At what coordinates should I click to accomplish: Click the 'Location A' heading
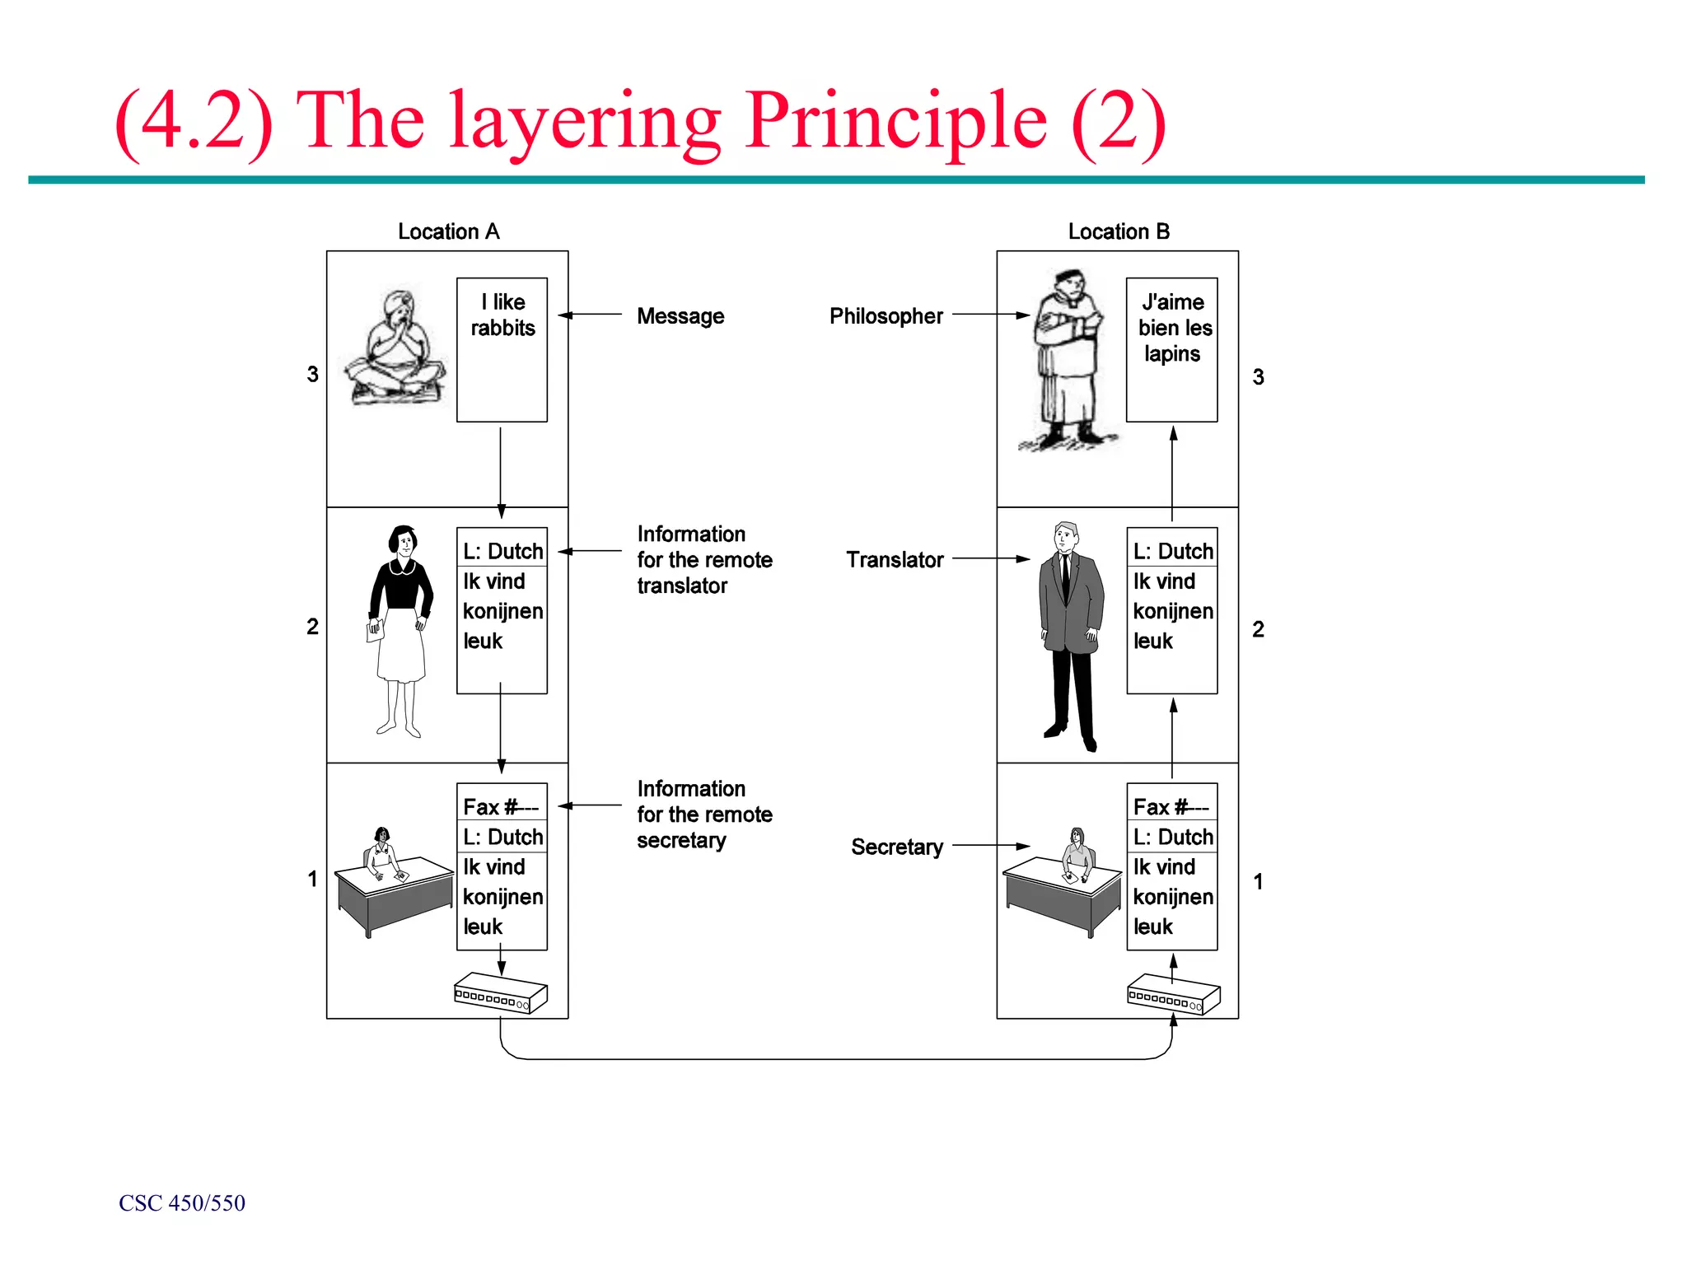coord(448,231)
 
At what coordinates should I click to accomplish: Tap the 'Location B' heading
coord(1118,231)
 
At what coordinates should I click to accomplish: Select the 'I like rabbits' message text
coord(502,315)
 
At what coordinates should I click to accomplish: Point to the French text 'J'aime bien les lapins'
coord(1174,328)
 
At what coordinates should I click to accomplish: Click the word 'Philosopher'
coord(886,316)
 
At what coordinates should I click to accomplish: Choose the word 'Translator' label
coord(895,560)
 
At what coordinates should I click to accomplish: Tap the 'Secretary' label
coord(896,847)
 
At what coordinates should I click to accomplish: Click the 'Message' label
coord(680,316)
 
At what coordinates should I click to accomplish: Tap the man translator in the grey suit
coord(1070,634)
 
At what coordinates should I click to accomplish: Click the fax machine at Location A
coord(501,993)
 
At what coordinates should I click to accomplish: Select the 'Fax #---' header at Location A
coord(501,806)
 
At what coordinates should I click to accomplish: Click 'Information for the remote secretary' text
coord(704,815)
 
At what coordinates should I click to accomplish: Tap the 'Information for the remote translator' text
coord(704,560)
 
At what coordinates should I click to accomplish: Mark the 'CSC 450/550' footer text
coord(182,1203)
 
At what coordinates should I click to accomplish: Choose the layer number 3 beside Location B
coord(1258,377)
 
